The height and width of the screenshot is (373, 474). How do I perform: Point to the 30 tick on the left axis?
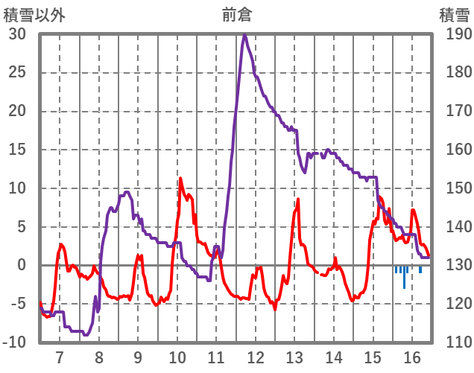coord(17,34)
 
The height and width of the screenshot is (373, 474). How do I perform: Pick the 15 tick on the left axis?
coord(17,150)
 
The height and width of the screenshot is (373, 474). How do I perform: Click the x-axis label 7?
coord(60,356)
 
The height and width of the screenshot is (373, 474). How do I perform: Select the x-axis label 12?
coord(256,356)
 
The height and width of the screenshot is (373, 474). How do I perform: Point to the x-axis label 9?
coord(138,356)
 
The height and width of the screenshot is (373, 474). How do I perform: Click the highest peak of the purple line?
coord(244,35)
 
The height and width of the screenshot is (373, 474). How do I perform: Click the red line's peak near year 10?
coord(180,178)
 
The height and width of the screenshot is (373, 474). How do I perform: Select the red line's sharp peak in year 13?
coord(298,199)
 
